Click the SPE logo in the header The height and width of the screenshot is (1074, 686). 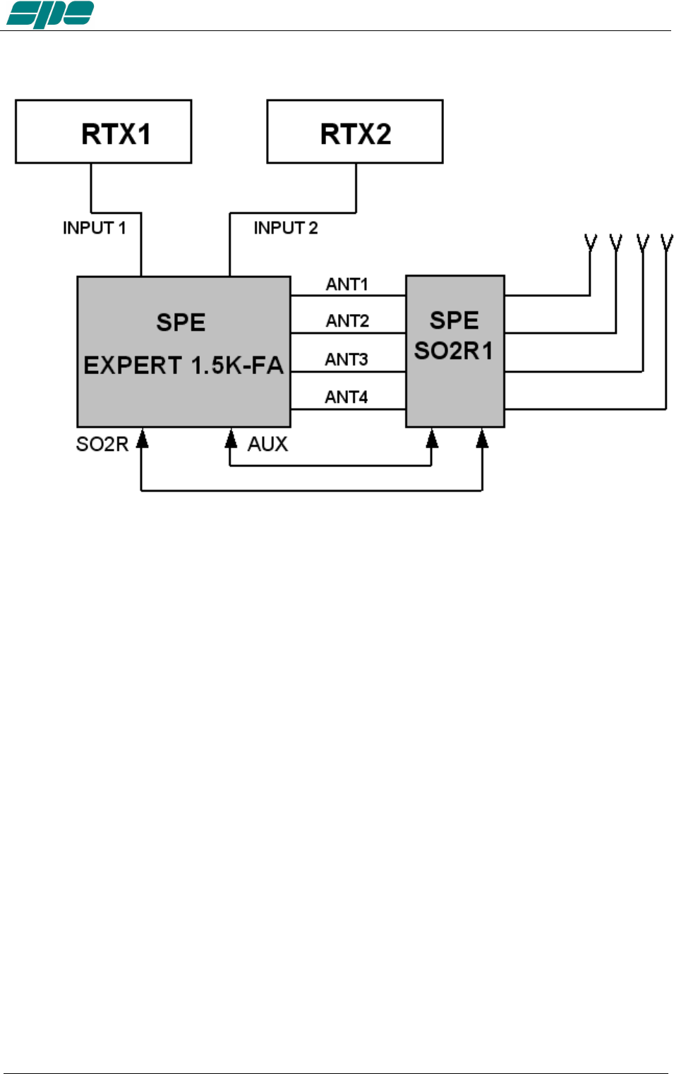49,14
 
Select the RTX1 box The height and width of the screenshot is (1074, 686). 104,132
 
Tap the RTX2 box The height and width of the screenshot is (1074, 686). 355,132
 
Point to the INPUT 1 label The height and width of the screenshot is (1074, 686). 94,228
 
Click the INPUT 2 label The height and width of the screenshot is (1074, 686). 286,228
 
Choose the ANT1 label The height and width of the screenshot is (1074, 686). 347,284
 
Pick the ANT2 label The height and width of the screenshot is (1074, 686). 347,321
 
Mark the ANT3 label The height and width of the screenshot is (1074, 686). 347,359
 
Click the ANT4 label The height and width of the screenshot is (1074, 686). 347,397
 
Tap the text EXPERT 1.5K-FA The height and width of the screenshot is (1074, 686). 183,366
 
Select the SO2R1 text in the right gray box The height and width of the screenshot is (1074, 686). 454,351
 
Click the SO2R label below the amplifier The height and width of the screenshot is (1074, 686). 102,444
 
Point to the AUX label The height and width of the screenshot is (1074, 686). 267,444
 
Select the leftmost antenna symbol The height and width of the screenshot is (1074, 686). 591,243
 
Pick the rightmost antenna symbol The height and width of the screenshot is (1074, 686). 667,243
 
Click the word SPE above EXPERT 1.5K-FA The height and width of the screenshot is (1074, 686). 181,322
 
